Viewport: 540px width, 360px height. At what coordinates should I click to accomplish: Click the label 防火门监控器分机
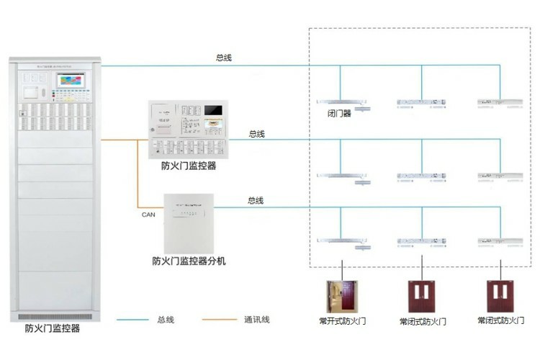(189, 261)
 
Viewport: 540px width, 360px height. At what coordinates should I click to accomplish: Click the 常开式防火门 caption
(342, 320)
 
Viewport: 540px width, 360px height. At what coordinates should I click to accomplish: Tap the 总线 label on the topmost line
(224, 57)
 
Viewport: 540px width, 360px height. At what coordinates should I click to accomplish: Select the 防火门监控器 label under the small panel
(189, 166)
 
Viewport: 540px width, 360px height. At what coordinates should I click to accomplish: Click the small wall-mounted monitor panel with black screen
(189, 130)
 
